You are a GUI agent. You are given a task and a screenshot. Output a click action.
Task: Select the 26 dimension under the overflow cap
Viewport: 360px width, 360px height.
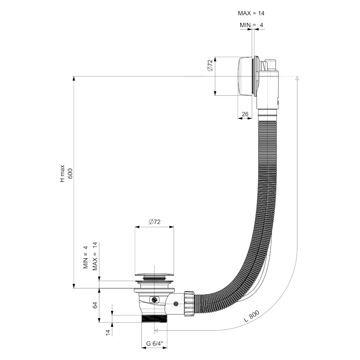tap(245, 114)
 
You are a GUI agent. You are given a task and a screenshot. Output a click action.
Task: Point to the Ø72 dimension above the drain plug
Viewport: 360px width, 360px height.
tap(154, 222)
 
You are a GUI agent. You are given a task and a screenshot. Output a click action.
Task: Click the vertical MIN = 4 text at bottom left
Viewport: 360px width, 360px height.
tap(85, 257)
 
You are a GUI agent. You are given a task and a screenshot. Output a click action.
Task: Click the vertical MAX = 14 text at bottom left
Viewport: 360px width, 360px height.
tap(94, 256)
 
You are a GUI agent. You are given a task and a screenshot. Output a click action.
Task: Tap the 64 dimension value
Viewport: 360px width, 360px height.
tap(95, 305)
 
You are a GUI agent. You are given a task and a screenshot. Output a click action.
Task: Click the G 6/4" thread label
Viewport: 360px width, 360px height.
tap(154, 344)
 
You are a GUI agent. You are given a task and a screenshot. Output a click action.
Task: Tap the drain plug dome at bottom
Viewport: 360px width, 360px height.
tap(154, 274)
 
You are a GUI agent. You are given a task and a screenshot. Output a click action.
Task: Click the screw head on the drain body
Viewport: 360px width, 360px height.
tap(155, 300)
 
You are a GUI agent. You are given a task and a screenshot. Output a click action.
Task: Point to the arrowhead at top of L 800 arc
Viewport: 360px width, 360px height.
tap(297, 79)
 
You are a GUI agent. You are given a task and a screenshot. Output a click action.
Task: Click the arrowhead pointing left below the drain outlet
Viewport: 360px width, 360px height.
tap(156, 330)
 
